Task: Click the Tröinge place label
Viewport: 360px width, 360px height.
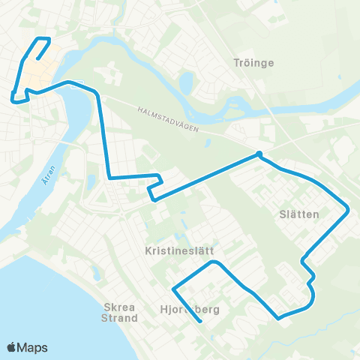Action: [x=254, y=63]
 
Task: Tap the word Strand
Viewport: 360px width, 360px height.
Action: [x=121, y=318]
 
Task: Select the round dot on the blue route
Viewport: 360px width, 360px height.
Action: [x=259, y=154]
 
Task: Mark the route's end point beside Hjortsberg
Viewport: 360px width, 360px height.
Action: [x=200, y=322]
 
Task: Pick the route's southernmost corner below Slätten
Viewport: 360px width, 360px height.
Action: [x=279, y=318]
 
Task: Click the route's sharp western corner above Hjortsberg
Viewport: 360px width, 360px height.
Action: [x=173, y=288]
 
